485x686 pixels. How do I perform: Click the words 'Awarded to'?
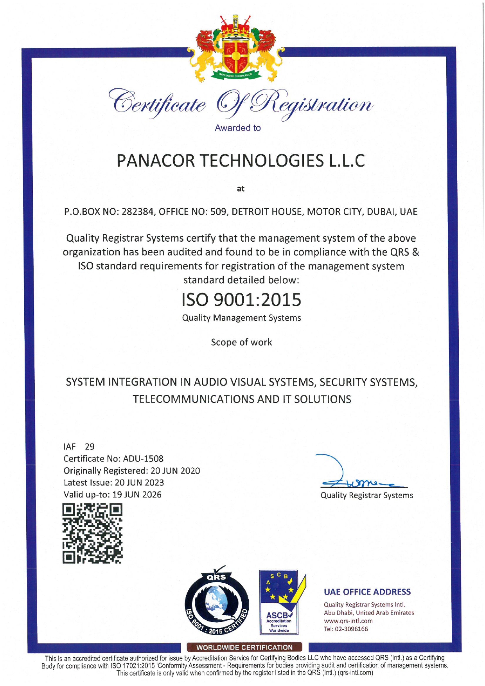[237, 128]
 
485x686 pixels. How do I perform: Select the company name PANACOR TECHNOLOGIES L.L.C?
[241, 161]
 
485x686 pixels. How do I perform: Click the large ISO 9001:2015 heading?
[241, 300]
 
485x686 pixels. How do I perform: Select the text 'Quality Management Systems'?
[241, 318]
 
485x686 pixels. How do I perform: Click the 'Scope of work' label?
[241, 342]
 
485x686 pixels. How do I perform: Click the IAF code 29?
[90, 447]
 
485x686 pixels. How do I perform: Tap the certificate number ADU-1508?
[143, 459]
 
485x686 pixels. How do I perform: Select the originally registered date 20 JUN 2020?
[175, 471]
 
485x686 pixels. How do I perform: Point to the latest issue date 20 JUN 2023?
[139, 483]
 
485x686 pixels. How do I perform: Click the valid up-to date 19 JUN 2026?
[137, 495]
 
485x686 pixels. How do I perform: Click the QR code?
[92, 533]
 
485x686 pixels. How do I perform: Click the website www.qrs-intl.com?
[348, 621]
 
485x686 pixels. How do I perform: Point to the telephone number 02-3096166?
[351, 629]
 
